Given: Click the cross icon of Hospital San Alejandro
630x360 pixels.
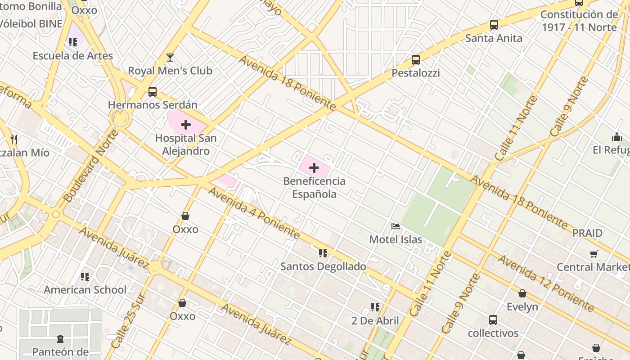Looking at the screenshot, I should pos(186,125).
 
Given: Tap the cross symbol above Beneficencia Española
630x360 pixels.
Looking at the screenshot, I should pos(314,168).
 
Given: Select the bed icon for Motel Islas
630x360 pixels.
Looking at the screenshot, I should pos(396,226).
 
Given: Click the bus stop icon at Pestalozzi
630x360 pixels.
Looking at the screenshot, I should pos(416,60).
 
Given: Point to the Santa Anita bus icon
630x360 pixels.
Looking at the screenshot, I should pos(494,25).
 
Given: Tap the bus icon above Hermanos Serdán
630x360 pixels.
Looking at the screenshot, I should pos(153,92).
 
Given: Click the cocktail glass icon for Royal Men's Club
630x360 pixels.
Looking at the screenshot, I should pos(170,58).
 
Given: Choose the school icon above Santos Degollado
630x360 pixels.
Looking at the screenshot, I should pos(323,253).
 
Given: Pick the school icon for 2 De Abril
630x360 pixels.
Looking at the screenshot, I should pos(375,307).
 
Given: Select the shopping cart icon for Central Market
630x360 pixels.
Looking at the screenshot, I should pos(594,254).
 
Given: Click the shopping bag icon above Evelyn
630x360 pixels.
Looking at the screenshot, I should pos(522,293).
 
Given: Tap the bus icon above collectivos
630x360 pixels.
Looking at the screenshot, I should pos(493,320).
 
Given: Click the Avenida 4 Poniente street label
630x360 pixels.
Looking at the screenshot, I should pos(254,213).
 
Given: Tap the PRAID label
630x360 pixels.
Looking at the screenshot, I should pos(587,233).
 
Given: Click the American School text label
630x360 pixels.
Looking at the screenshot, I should pos(85,290).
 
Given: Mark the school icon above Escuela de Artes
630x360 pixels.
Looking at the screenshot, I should pos(73,42).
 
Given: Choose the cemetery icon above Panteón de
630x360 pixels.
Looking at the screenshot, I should pos(60,338).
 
